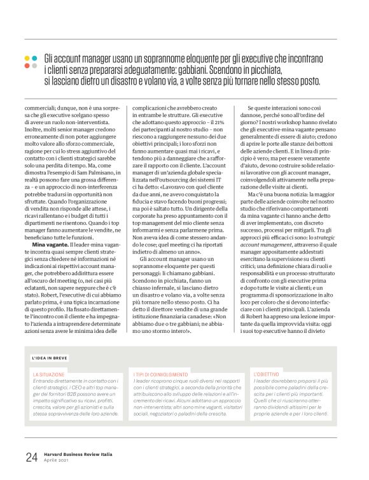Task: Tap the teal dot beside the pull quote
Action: coord(35,58)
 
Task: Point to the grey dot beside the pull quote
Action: coord(35,66)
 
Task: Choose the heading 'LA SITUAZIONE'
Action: coord(48,374)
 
